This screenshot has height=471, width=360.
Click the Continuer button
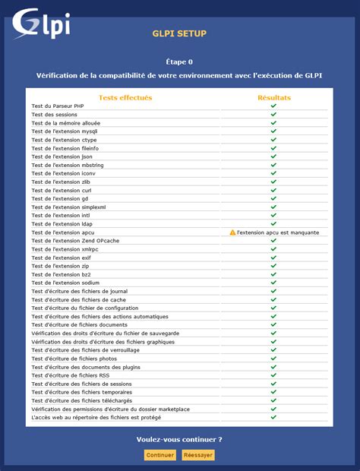tap(160, 455)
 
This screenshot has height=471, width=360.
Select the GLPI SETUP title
tap(179, 33)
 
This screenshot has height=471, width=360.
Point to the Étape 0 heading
tap(179, 62)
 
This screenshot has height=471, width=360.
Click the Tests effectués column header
tap(125, 97)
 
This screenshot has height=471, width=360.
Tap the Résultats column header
tap(273, 97)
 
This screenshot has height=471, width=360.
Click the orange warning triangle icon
tap(233, 232)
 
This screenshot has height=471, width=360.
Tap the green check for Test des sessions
tap(273, 114)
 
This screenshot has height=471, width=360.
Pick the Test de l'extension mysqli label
tap(65, 131)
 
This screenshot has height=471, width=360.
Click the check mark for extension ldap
tap(273, 223)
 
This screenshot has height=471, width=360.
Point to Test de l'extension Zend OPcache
tap(75, 241)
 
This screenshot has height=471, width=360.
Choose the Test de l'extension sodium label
tap(66, 283)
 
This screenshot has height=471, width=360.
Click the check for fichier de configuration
tap(273, 308)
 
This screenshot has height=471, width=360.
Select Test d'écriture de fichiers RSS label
tap(71, 375)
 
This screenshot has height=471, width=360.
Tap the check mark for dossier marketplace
tap(273, 409)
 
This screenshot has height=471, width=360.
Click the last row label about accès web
tap(96, 417)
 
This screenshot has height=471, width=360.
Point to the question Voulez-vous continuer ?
tap(179, 439)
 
